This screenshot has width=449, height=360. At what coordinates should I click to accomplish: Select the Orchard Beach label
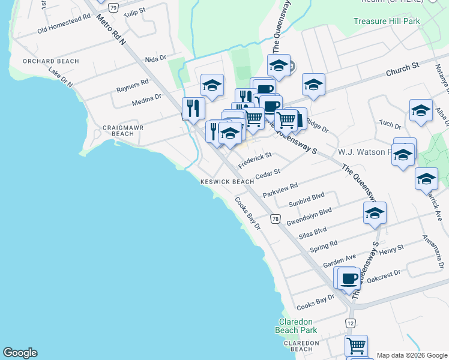[42, 61]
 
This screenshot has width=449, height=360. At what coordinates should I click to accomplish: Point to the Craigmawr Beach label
[118, 130]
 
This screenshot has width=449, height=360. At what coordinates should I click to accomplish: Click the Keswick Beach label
[227, 182]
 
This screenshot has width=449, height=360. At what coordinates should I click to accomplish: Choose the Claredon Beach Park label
[296, 326]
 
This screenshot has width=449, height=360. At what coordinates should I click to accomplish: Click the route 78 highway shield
[275, 219]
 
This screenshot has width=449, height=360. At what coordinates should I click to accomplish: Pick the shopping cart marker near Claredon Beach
[356, 346]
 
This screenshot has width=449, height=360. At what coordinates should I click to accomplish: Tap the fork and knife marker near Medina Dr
[193, 108]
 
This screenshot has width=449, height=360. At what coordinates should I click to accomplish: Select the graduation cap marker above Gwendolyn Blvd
[375, 213]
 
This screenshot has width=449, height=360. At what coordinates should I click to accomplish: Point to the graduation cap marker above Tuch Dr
[421, 110]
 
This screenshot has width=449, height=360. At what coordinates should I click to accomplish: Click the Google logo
[20, 353]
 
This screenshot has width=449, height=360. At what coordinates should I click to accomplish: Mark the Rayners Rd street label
[136, 82]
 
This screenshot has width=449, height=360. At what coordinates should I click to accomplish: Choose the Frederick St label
[255, 159]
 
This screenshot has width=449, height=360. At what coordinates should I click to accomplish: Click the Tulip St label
[134, 11]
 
